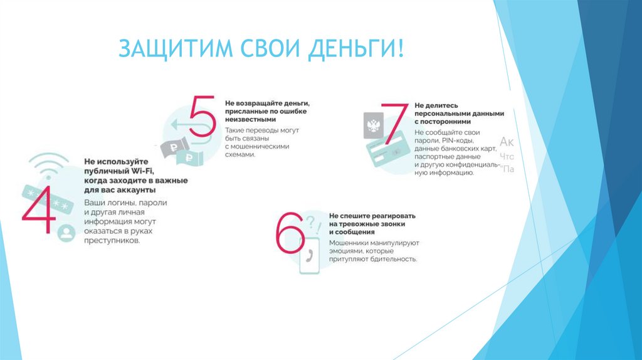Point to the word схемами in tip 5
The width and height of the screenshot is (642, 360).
241,154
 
